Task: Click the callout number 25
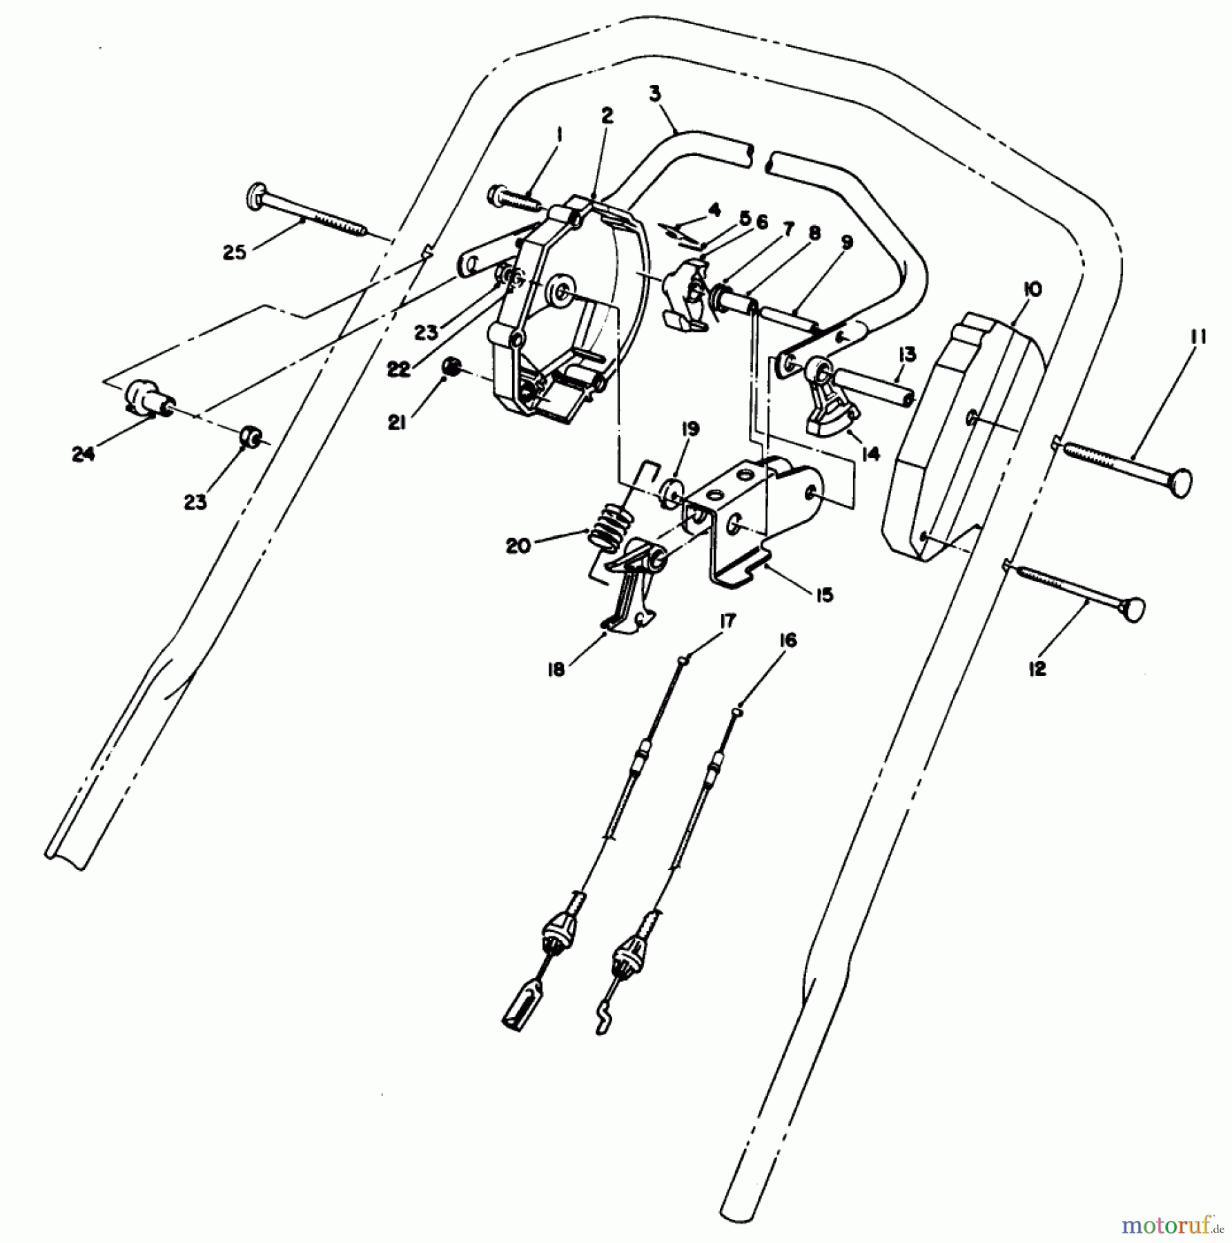(x=234, y=253)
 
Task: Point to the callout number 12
(x=1037, y=668)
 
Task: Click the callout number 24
(x=83, y=454)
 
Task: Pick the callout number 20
(x=518, y=546)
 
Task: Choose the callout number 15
(x=823, y=594)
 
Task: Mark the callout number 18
(x=556, y=669)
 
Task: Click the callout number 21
(x=396, y=423)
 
